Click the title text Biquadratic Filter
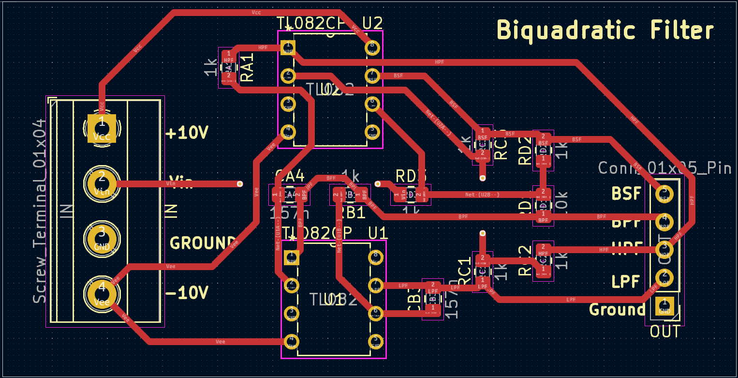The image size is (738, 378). (605, 30)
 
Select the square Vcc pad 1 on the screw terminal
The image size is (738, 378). (102, 129)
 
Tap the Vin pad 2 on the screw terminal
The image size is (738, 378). (102, 184)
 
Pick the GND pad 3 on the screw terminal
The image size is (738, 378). (102, 239)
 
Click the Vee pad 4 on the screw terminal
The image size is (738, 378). (102, 294)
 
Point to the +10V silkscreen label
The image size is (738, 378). (187, 133)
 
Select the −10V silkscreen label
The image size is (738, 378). (187, 293)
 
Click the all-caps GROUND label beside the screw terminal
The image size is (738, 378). (202, 242)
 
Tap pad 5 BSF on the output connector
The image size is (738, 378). (664, 195)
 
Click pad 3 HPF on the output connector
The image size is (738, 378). (664, 250)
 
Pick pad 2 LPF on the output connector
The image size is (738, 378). (664, 278)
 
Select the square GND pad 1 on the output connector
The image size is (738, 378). (664, 306)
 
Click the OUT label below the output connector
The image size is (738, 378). (665, 332)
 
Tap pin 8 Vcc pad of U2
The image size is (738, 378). (372, 47)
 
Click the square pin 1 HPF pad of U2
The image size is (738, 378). (288, 47)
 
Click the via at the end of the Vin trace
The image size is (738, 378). (239, 184)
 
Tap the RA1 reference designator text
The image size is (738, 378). (247, 67)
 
